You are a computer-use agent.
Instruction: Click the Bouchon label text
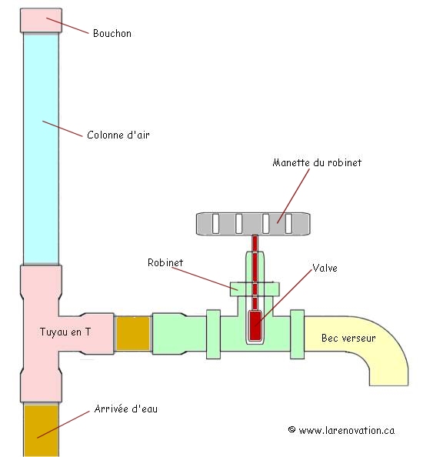point(112,33)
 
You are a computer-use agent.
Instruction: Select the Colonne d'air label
point(118,135)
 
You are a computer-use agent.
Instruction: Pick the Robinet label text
point(166,262)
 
